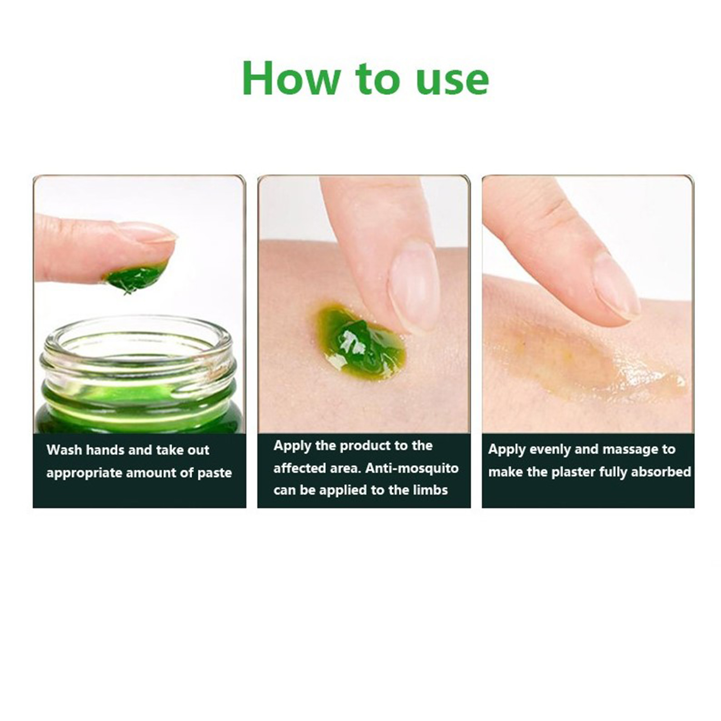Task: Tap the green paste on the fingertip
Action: [x=135, y=277]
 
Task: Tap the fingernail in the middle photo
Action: [x=414, y=286]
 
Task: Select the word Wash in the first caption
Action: [x=64, y=450]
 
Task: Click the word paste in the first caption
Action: [x=214, y=473]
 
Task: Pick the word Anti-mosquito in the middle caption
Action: [x=412, y=468]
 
